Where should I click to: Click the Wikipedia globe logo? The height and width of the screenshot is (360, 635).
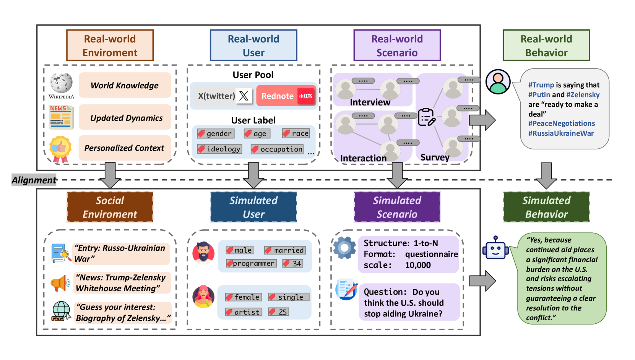pyautogui.click(x=61, y=83)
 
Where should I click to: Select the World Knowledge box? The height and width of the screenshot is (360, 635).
pyautogui.click(x=125, y=85)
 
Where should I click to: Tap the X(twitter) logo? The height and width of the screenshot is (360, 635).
pyautogui.click(x=244, y=96)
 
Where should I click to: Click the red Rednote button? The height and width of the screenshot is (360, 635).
pyautogui.click(x=286, y=96)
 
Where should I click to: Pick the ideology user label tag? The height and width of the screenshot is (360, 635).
pyautogui.click(x=219, y=149)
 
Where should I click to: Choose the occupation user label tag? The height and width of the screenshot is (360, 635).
pyautogui.click(x=277, y=149)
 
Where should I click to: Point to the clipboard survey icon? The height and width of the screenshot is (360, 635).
pyautogui.click(x=426, y=117)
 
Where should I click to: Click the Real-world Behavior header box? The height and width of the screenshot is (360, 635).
pyautogui.click(x=546, y=45)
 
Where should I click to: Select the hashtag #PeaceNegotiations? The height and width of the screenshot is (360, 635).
pyautogui.click(x=561, y=123)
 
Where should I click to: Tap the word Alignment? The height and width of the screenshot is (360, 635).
pyautogui.click(x=34, y=180)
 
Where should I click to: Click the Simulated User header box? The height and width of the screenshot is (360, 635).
pyautogui.click(x=253, y=207)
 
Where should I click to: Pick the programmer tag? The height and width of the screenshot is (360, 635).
pyautogui.click(x=251, y=263)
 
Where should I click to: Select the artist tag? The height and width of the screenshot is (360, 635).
pyautogui.click(x=244, y=312)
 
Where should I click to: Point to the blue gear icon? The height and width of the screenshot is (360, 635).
pyautogui.click(x=344, y=248)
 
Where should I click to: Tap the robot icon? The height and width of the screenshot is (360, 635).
pyautogui.click(x=495, y=248)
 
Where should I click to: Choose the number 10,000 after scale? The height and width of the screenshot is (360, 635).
pyautogui.click(x=418, y=265)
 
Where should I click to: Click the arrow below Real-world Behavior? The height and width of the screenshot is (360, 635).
pyautogui.click(x=546, y=175)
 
